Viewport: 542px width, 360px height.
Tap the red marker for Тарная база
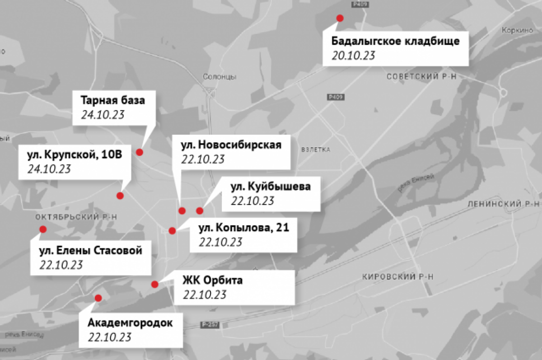pyautogui.click(x=140, y=152)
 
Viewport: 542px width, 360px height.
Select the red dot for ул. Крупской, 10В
pyautogui.click(x=120, y=196)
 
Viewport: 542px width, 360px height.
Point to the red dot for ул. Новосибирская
pyautogui.click(x=182, y=210)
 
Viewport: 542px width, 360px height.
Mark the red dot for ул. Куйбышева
pyautogui.click(x=200, y=210)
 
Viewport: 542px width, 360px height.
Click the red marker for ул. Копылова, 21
pyautogui.click(x=172, y=231)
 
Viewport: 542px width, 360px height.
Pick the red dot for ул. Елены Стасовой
pyautogui.click(x=43, y=229)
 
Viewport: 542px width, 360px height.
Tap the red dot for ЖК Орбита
pyautogui.click(x=154, y=284)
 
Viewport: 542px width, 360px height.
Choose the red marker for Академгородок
pyautogui.click(x=98, y=298)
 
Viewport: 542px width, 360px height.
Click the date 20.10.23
pyautogui.click(x=354, y=55)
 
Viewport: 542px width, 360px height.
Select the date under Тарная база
pyautogui.click(x=103, y=114)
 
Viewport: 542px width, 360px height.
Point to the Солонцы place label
pyautogui.click(x=220, y=77)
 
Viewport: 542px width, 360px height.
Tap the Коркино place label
pyautogui.click(x=514, y=31)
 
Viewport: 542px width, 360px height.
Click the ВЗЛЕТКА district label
pyautogui.click(x=315, y=150)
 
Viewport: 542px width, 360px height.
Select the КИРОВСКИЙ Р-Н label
pyautogui.click(x=398, y=277)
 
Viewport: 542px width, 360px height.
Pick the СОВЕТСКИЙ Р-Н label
pyautogui.click(x=421, y=77)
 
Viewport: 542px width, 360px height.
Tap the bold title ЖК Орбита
pyautogui.click(x=212, y=281)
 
